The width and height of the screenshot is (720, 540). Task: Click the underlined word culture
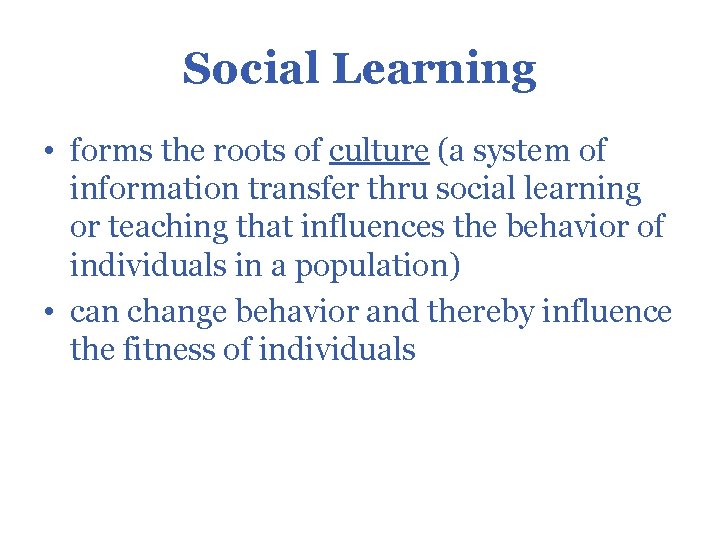point(379,152)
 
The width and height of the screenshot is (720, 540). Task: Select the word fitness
point(187,350)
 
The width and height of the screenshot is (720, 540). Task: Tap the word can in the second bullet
point(94,313)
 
